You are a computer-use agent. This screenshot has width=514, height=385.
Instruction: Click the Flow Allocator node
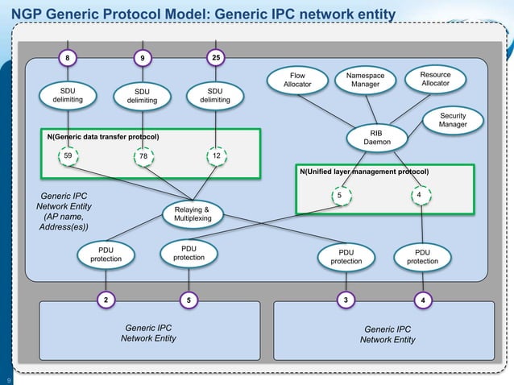tap(297, 81)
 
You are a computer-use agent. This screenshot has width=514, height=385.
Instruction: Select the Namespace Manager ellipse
tap(370, 81)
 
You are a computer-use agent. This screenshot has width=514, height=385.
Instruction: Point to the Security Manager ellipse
tap(453, 120)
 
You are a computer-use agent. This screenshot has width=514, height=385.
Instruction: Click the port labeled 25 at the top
tap(215, 58)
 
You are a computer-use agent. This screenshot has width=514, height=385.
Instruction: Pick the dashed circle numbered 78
tap(143, 157)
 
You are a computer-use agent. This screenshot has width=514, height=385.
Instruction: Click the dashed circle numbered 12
tap(216, 157)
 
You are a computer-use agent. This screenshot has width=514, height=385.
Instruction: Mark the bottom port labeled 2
tap(105, 300)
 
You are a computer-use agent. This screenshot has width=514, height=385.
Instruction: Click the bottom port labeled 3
tap(346, 300)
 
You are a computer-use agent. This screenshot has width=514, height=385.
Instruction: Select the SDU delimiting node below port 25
tap(215, 96)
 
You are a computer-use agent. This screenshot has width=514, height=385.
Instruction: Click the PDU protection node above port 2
tap(106, 255)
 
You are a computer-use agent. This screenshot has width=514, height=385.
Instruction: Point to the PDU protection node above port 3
tap(346, 257)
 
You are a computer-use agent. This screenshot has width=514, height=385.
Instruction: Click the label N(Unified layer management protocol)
tap(363, 172)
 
